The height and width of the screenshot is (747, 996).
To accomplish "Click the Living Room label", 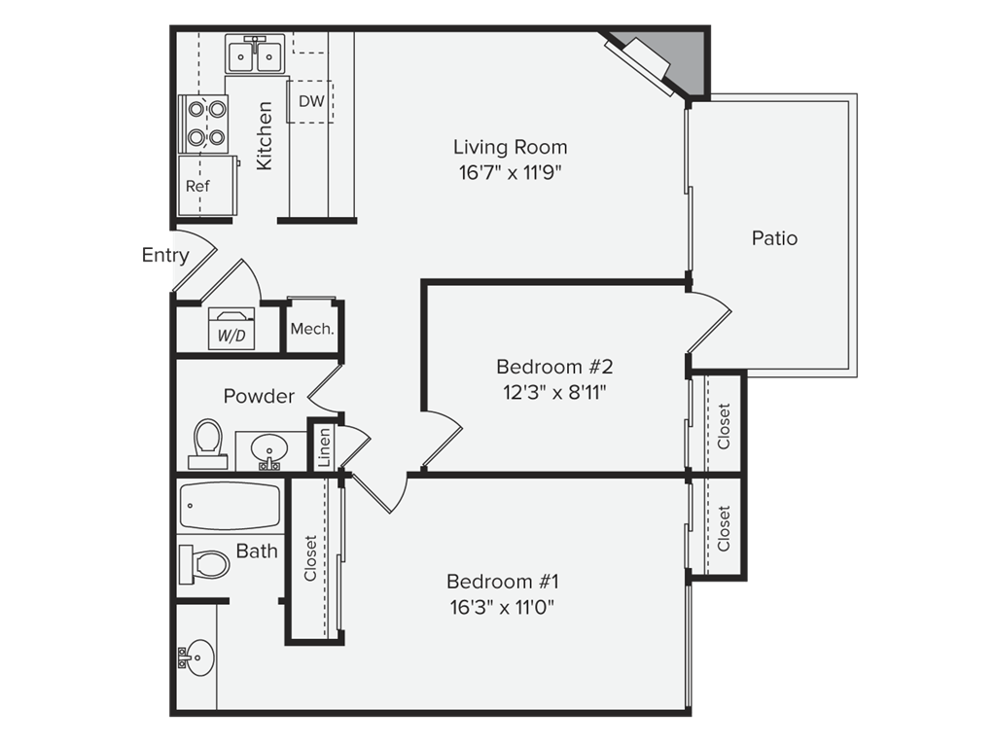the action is [510, 148].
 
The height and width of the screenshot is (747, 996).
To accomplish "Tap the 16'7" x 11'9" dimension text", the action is [510, 173].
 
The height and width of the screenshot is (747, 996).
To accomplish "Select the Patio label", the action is [774, 238].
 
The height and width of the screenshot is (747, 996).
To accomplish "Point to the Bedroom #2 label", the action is [554, 367].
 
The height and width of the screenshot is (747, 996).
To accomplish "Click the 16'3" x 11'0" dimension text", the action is [502, 608].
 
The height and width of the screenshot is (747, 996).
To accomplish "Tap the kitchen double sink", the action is [255, 54].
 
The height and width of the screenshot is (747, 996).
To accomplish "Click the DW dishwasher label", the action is [311, 101].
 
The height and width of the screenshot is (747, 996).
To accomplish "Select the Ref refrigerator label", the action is [197, 186].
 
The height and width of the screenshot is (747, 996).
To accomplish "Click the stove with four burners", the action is [204, 124].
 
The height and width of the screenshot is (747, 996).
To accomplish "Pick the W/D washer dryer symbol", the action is [231, 329].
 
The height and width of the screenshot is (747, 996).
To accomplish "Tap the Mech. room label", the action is [312, 329].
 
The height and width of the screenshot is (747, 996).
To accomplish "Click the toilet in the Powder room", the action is [208, 444].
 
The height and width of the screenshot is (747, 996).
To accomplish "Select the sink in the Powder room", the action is [269, 451].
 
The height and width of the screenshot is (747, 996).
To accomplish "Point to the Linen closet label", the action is [324, 447].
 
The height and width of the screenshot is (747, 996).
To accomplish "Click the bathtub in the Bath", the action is [230, 506].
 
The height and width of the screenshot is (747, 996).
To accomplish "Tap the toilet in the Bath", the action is [204, 564].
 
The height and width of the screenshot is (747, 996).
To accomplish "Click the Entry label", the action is [165, 256].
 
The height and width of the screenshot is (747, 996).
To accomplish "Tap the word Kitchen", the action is [265, 136].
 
